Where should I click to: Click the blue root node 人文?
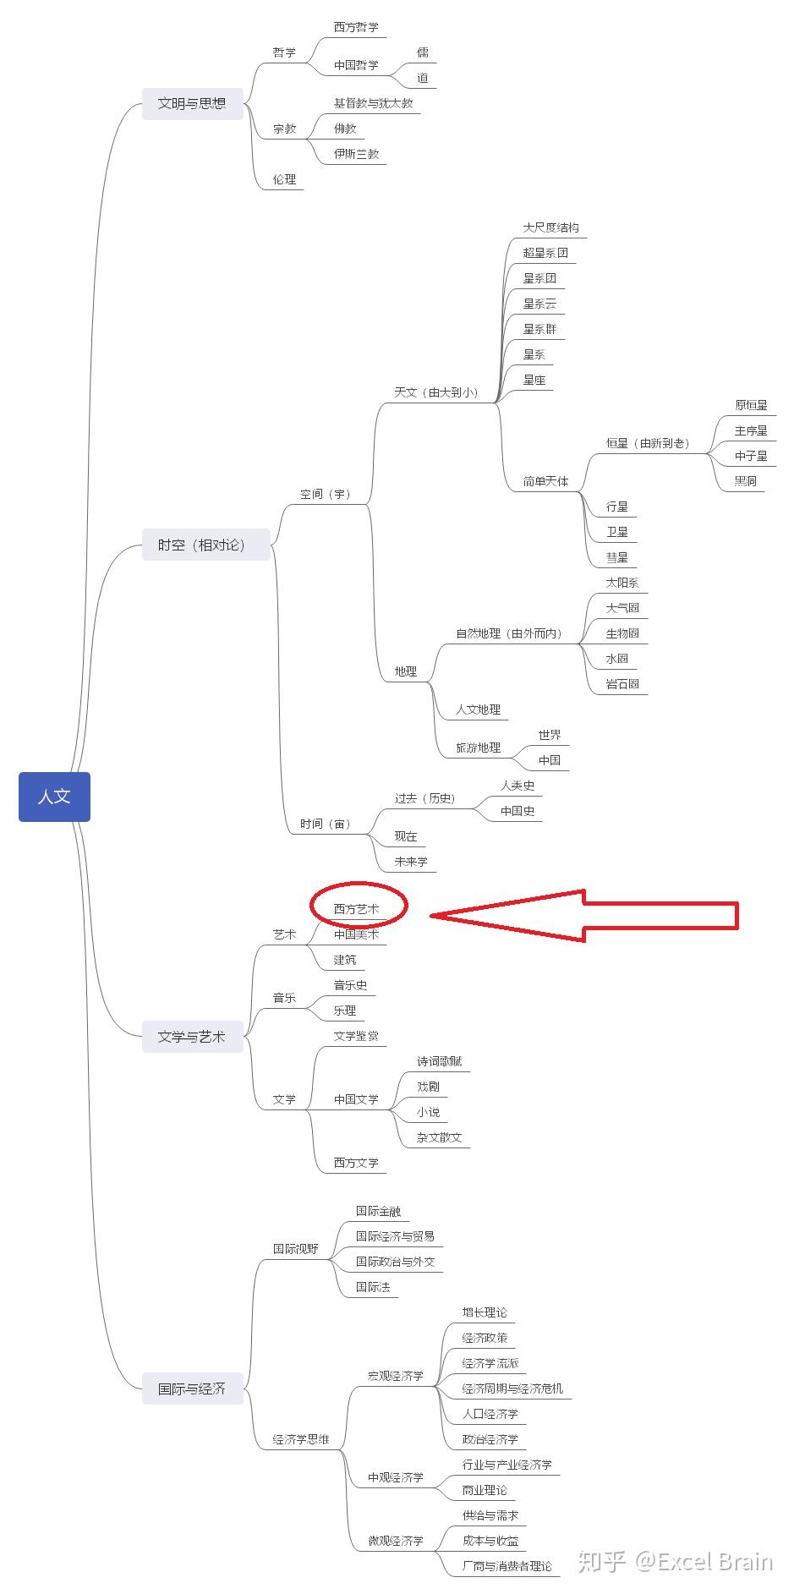tap(54, 797)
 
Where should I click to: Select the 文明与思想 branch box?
tap(192, 103)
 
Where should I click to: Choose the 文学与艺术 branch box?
tap(192, 1037)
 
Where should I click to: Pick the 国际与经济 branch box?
tap(192, 1389)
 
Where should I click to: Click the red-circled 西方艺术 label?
tap(357, 908)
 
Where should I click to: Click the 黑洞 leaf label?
tap(746, 481)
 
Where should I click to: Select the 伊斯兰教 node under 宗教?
tap(357, 154)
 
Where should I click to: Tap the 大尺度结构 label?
tap(551, 227)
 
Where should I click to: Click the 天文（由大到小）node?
tap(436, 392)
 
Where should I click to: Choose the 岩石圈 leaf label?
tap(623, 684)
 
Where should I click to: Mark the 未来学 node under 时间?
tap(411, 862)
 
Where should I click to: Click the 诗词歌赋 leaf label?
tap(440, 1061)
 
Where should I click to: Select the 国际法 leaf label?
tap(373, 1287)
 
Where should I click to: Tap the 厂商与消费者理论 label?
tap(507, 1566)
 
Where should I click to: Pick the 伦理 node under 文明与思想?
tap(285, 179)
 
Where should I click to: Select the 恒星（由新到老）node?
tap(648, 443)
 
